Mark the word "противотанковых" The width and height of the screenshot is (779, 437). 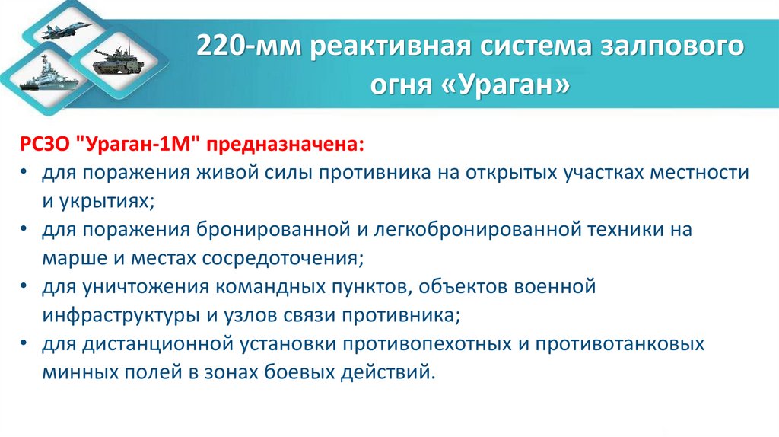tap(617, 344)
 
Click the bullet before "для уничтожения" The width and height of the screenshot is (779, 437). tap(24, 288)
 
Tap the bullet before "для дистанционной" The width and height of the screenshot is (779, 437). tap(24, 345)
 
